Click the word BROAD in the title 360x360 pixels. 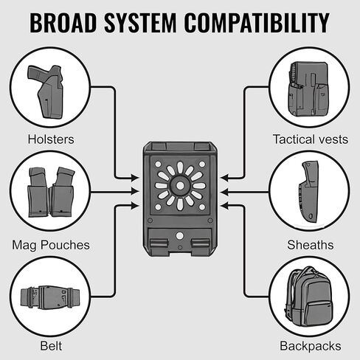63,23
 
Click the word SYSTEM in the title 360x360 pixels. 140,23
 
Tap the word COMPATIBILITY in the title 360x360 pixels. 257,23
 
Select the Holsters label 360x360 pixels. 51,139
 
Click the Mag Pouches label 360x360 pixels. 51,245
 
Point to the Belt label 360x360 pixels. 51,346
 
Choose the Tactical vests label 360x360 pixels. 311,139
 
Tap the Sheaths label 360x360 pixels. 311,245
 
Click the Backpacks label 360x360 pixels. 311,346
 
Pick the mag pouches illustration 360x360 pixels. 51,193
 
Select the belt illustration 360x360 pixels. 50,297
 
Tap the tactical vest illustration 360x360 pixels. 308,89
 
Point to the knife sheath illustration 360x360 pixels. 309,192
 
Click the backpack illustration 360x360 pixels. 309,297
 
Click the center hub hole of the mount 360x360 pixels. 180,186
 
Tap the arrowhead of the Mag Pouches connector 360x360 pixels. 135,192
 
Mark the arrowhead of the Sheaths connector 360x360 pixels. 225,192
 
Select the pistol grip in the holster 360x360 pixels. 35,73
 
